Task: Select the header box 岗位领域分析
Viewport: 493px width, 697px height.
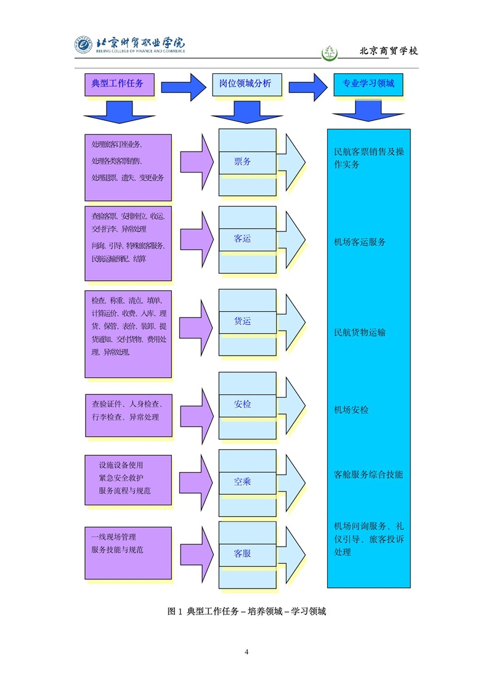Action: coord(246,83)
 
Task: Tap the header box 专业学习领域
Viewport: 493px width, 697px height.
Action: coord(368,83)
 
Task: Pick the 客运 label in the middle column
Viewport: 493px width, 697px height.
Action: coord(242,238)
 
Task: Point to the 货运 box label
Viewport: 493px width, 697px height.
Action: coord(242,321)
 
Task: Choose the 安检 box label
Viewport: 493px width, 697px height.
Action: coord(242,404)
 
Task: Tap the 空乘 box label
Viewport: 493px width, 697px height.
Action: coord(242,481)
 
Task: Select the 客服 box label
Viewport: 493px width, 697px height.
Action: coord(242,553)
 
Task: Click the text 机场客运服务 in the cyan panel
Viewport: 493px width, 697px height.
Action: coord(360,242)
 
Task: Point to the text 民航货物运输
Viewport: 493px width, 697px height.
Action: coord(360,333)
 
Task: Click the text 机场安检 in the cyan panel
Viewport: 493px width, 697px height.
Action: coord(351,410)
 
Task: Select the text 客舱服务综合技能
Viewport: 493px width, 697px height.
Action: coord(369,475)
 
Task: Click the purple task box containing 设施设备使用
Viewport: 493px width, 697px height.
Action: coord(128,479)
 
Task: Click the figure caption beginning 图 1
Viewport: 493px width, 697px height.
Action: coord(246,612)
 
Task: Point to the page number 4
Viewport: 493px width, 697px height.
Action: coord(246,652)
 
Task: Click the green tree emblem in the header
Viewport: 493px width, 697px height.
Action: coord(331,52)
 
